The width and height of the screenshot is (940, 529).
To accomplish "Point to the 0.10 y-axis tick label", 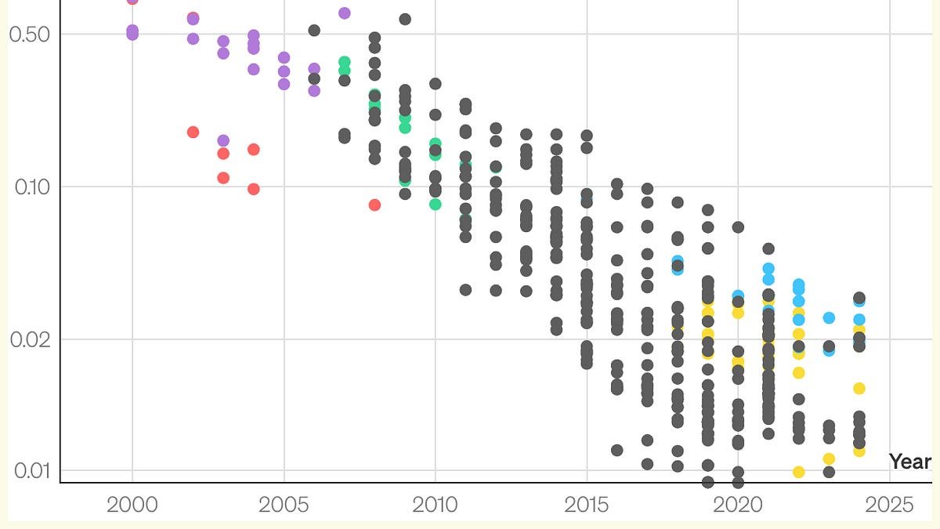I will click(31, 187).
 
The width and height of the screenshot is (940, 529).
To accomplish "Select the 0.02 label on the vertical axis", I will click(31, 339).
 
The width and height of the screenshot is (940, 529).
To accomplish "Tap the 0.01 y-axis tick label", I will click(31, 470).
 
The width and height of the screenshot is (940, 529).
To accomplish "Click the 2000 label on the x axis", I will click(132, 505).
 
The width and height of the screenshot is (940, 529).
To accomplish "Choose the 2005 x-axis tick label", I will click(284, 505).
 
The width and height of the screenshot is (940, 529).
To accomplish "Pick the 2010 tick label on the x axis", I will click(436, 505).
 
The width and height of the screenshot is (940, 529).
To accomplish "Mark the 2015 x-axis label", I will click(587, 505).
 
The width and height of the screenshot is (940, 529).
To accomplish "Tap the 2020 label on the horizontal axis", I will click(738, 505).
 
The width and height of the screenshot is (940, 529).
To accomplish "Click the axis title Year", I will click(910, 462).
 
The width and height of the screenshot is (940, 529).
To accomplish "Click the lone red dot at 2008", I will click(374, 205).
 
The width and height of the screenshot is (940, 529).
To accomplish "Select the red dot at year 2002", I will click(193, 132).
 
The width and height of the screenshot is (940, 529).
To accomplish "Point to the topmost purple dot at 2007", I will click(344, 13).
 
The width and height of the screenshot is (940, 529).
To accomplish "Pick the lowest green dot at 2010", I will click(436, 204).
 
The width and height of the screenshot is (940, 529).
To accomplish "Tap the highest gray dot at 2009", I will click(405, 19).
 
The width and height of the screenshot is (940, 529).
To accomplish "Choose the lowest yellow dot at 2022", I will click(799, 472).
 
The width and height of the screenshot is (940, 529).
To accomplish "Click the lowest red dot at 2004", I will click(254, 189).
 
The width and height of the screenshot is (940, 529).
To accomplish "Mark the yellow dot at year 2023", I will click(829, 458).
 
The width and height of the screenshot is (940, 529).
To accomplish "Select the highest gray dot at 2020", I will click(738, 227).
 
